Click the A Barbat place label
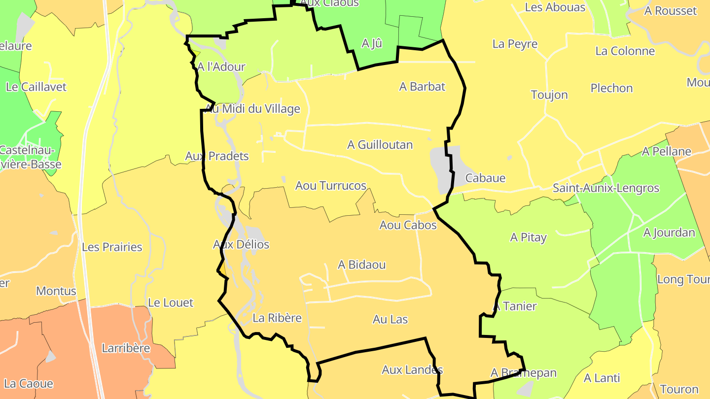click(x=422, y=87)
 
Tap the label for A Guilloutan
click(x=380, y=145)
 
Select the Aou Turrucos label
click(x=330, y=186)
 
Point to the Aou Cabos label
click(x=408, y=225)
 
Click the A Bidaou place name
click(x=361, y=265)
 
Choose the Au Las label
click(x=390, y=319)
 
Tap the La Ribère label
click(x=277, y=318)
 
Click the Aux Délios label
click(x=241, y=244)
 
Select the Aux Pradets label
click(x=217, y=156)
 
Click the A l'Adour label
click(x=221, y=66)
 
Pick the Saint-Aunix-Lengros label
click(x=605, y=188)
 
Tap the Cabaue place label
click(x=485, y=178)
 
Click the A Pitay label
click(x=528, y=237)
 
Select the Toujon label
click(x=549, y=95)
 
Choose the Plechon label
click(x=611, y=88)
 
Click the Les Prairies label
click(x=112, y=247)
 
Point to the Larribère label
click(x=126, y=348)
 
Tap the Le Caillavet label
click(x=36, y=87)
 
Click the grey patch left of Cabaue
click(x=444, y=165)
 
